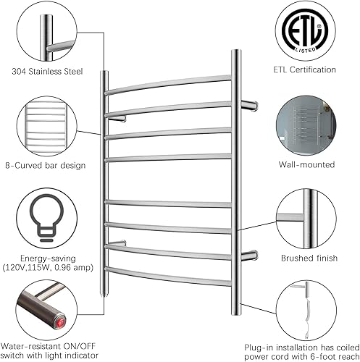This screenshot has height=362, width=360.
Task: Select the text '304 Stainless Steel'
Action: [48, 72]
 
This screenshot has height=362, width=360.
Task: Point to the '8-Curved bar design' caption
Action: [49, 165]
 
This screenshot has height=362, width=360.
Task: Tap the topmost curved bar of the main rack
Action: [170, 83]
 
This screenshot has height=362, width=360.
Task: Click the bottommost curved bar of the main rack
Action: [170, 274]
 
